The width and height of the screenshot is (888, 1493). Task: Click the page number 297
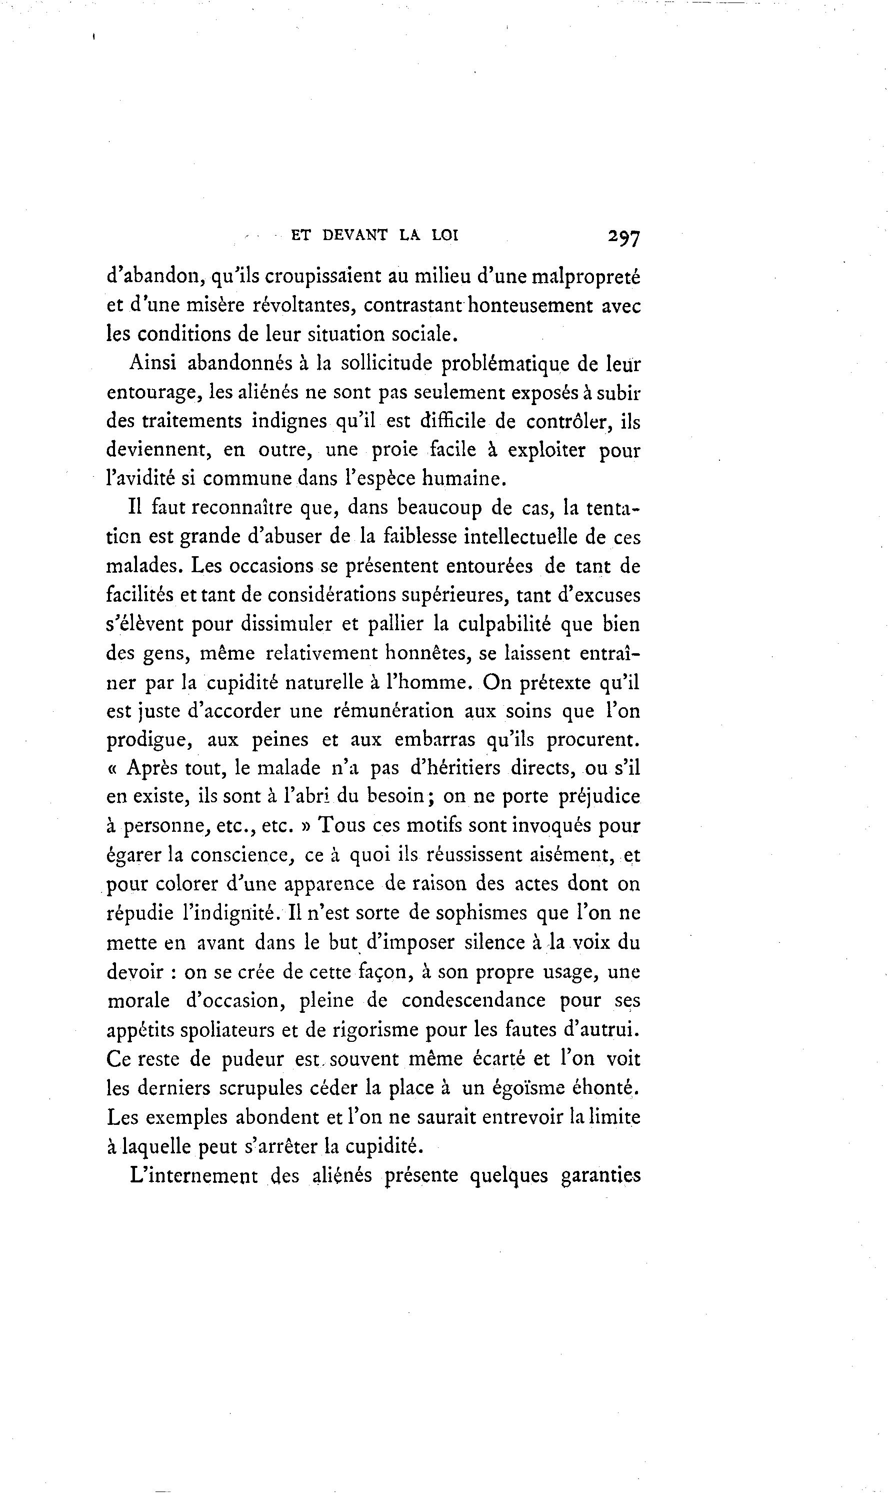[623, 238]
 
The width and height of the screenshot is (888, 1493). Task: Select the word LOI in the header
[444, 235]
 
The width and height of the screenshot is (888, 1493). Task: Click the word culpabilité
[504, 624]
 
